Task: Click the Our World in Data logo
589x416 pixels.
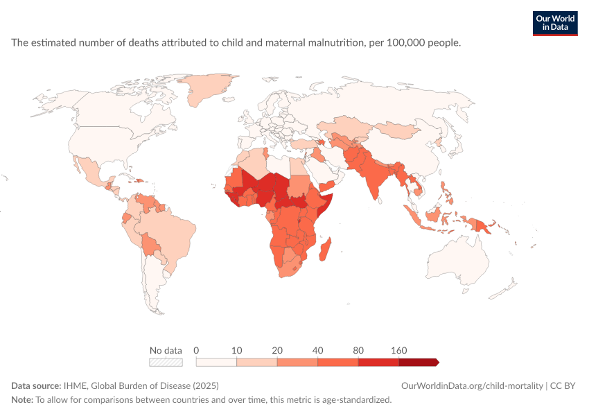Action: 555,24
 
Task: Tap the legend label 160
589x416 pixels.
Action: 398,351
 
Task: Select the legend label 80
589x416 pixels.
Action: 358,351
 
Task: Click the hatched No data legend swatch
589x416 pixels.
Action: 166,362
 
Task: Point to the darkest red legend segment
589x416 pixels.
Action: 419,362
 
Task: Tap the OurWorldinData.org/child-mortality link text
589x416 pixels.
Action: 472,386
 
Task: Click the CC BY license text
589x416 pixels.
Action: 563,386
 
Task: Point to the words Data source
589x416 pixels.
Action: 36,386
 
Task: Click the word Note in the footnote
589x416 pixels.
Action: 22,399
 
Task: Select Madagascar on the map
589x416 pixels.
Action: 325,250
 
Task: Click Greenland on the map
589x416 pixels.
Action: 204,89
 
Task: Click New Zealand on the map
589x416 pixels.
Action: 502,289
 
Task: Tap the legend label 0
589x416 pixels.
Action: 196,351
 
